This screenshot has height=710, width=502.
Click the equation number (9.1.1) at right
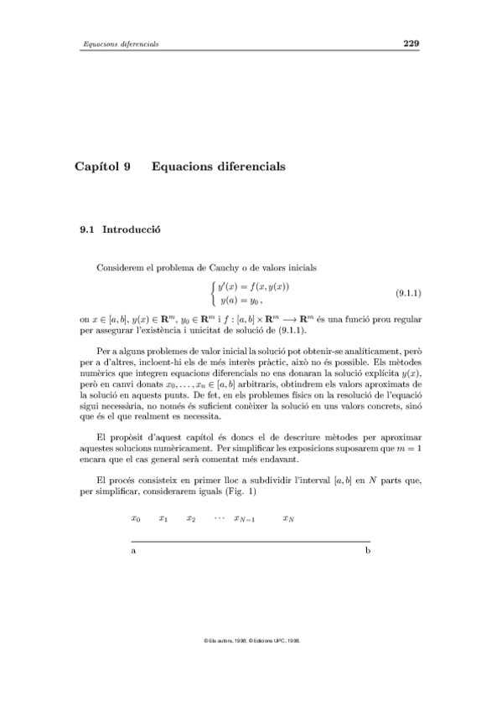[406, 294]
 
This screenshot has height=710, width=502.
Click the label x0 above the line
[136, 519]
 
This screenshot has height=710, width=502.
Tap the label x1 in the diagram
[163, 519]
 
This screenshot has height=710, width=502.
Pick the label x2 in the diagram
[191, 519]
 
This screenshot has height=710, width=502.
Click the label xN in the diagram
[288, 519]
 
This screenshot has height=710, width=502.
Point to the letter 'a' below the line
[134, 553]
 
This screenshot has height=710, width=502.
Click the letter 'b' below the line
[367, 553]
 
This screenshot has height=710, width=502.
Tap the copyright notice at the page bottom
[251, 640]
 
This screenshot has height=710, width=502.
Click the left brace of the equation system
[213, 294]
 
